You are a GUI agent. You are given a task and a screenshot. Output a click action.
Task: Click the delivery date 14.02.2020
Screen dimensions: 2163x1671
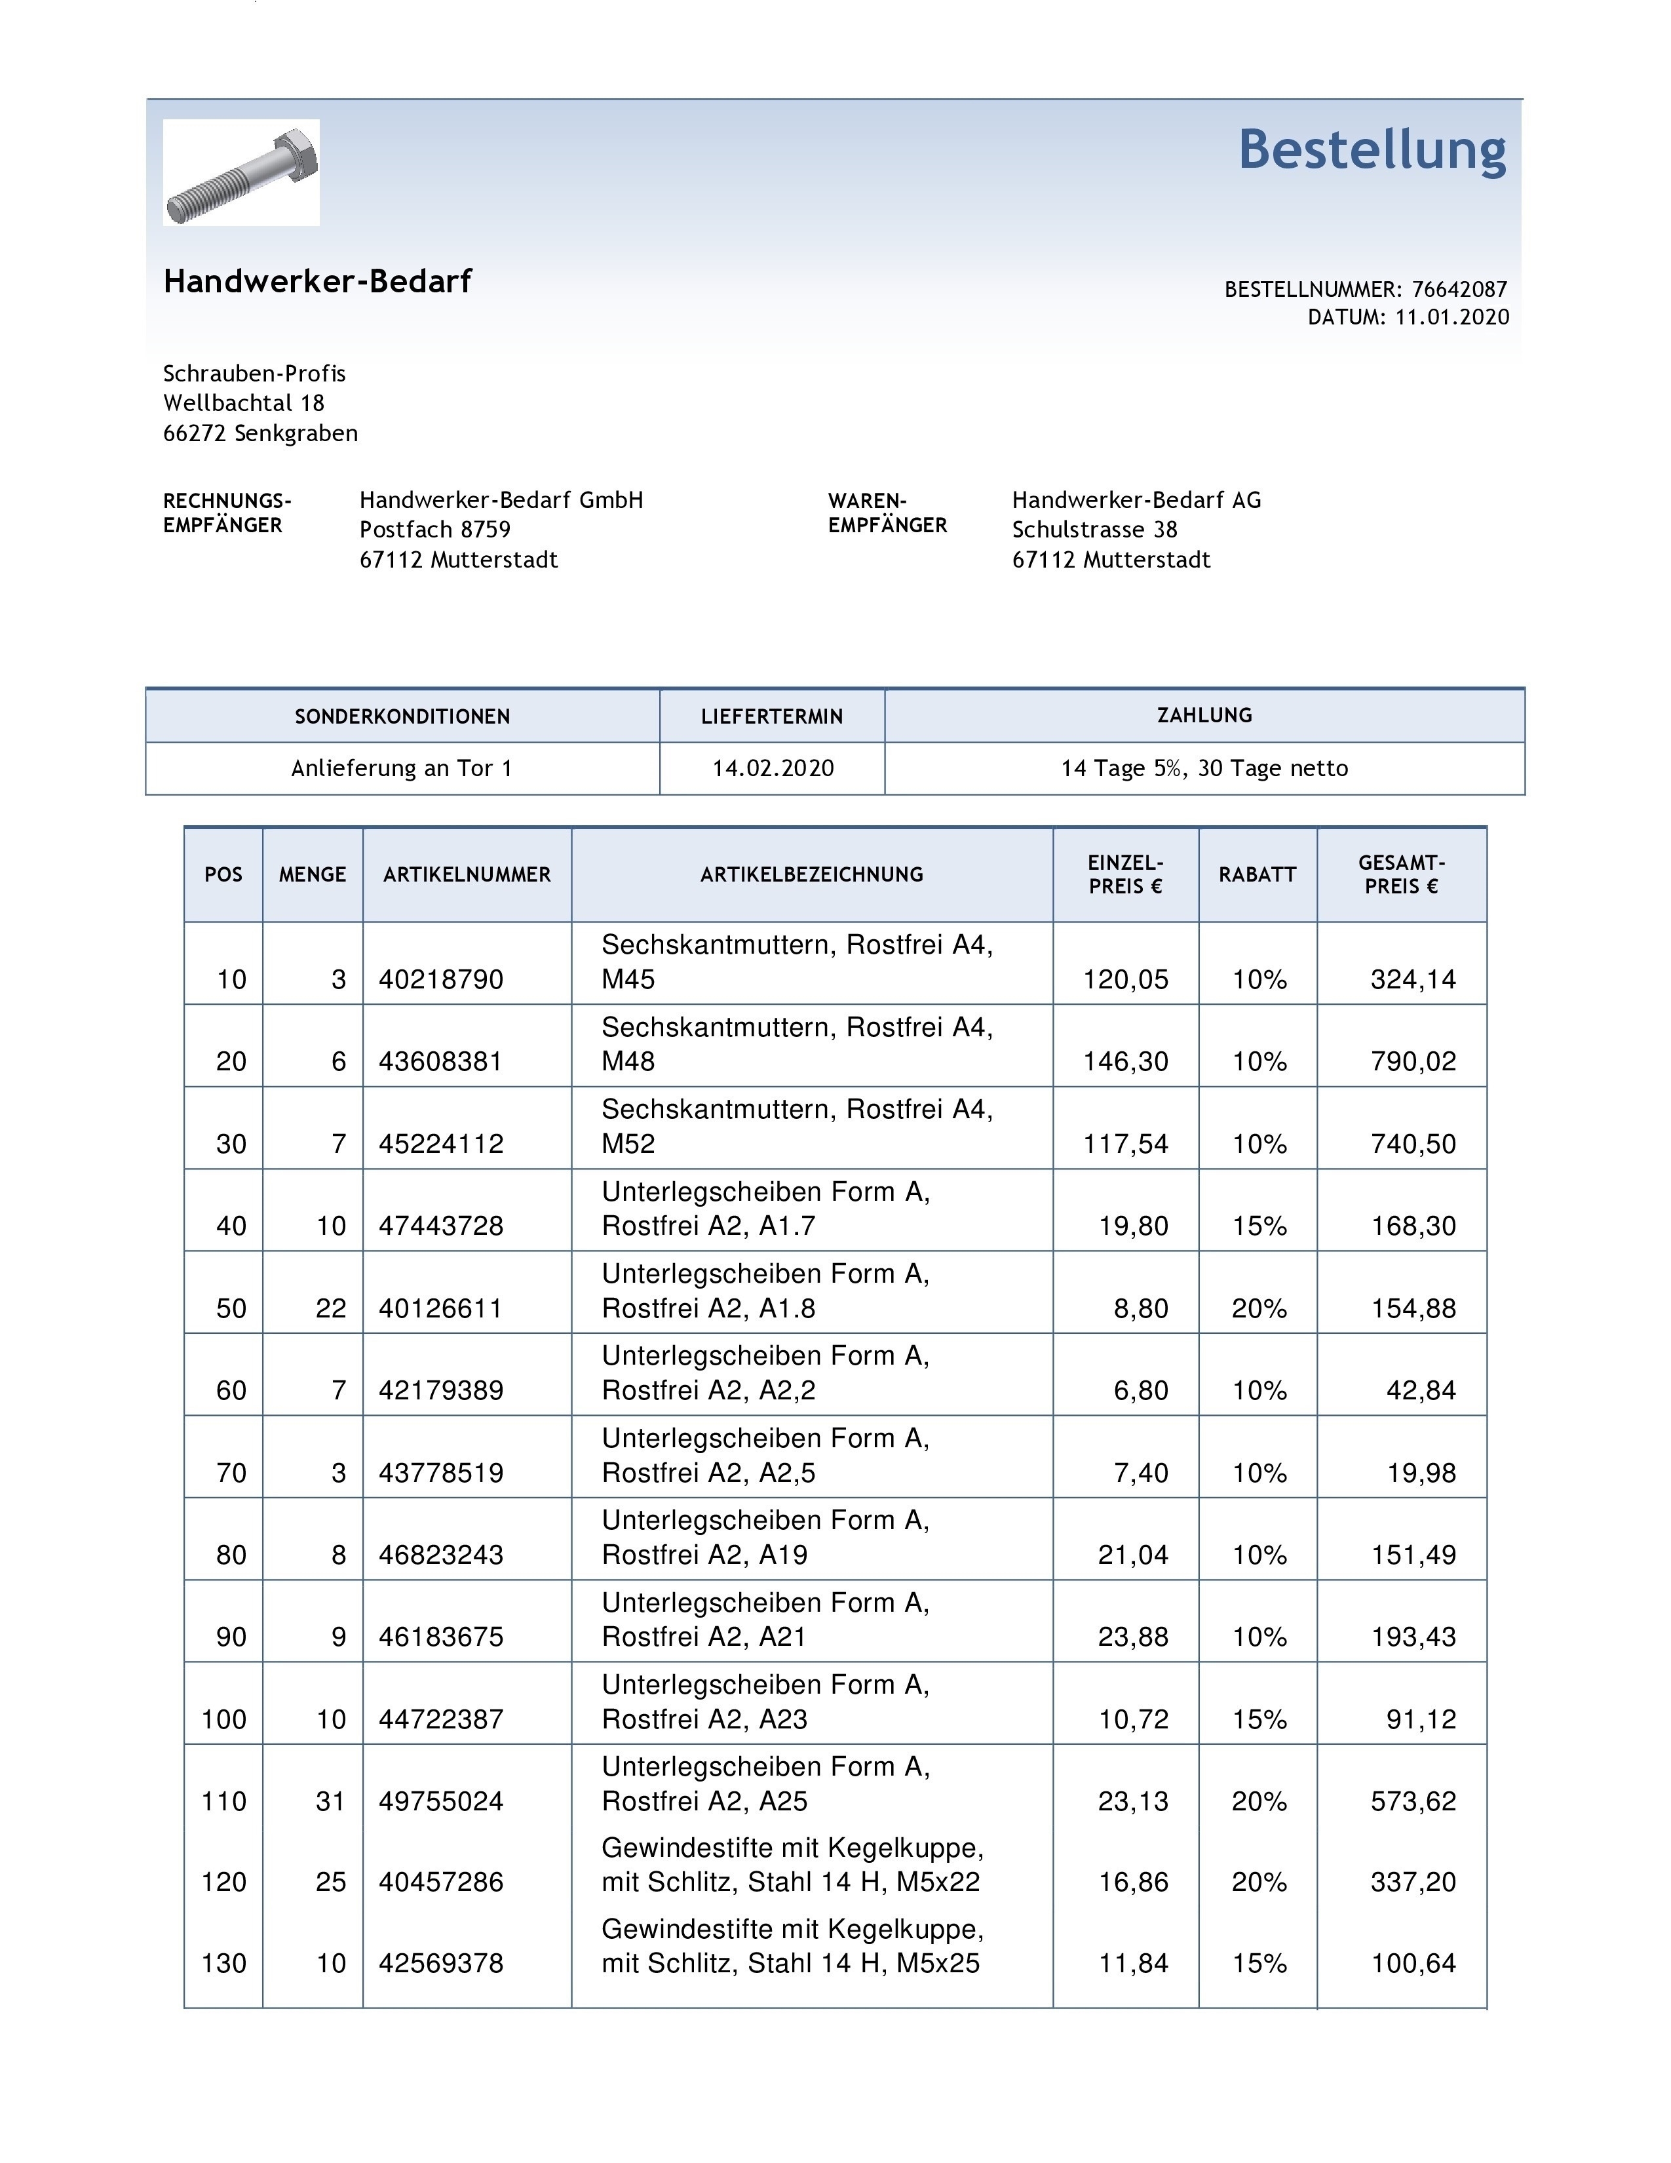coord(772,769)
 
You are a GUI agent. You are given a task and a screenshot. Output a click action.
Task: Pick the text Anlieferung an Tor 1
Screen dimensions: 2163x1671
coord(401,769)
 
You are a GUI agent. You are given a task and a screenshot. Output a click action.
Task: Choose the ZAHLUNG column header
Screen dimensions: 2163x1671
coord(1204,715)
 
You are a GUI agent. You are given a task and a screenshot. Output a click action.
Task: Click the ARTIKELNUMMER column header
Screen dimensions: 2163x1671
coord(467,874)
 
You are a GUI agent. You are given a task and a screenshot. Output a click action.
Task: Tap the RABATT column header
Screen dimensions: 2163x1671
coord(1258,874)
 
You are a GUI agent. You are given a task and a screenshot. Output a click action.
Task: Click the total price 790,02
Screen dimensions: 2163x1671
coord(1413,1062)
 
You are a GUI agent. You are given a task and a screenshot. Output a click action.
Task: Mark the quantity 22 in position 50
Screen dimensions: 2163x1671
coord(331,1308)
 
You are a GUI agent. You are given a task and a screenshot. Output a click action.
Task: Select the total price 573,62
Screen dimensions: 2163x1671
coord(1413,1801)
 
